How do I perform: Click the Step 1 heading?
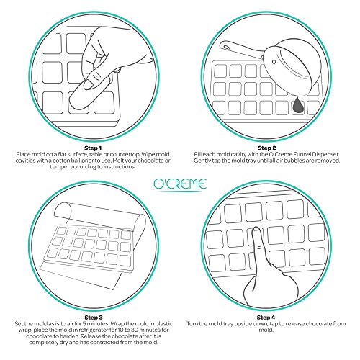[93, 148]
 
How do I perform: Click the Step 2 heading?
[266, 148]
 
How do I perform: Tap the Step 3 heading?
[94, 318]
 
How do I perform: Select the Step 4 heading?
[266, 318]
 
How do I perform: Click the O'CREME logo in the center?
[180, 185]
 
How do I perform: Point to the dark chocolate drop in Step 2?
[298, 104]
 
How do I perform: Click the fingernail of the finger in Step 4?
[256, 229]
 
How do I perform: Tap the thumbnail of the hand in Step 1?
[88, 84]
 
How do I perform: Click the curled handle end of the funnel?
[225, 45]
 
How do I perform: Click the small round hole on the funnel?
[274, 62]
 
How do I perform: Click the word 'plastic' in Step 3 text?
[163, 324]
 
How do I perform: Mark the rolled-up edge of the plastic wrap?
[62, 210]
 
